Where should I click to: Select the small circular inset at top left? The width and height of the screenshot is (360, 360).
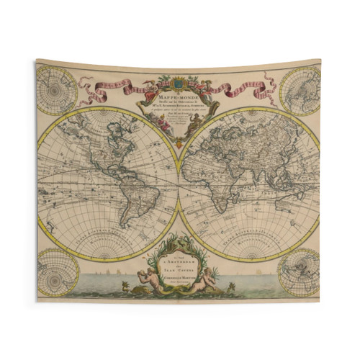coord(56,91)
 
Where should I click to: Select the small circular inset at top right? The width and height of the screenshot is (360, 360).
coord(300,91)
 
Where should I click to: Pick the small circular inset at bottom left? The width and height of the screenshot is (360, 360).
coord(58,271)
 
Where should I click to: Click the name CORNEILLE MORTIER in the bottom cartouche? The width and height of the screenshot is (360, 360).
coord(179,277)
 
